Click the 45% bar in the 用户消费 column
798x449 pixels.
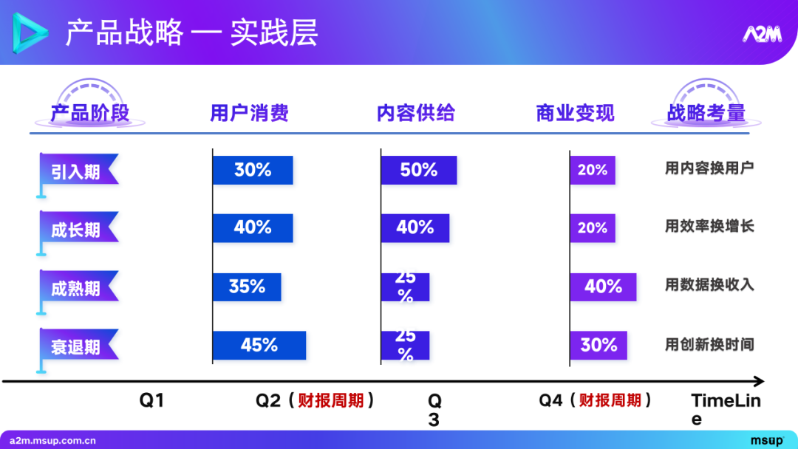(259, 346)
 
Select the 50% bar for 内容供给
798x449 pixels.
(418, 171)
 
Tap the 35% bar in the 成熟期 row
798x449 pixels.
(247, 287)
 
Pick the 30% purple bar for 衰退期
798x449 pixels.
(598, 346)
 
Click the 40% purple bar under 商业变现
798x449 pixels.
(603, 287)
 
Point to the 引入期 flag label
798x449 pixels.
(77, 172)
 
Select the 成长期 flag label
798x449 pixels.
(77, 230)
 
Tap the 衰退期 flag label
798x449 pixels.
(77, 346)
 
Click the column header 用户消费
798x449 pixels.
(249, 113)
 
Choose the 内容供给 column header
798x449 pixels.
(415, 113)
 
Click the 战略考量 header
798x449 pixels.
(706, 113)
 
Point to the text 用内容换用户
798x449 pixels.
(709, 168)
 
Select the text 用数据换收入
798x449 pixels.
(709, 284)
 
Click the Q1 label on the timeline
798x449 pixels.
(151, 401)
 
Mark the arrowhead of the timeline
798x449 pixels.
(758, 382)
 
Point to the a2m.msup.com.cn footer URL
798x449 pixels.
(52, 441)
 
